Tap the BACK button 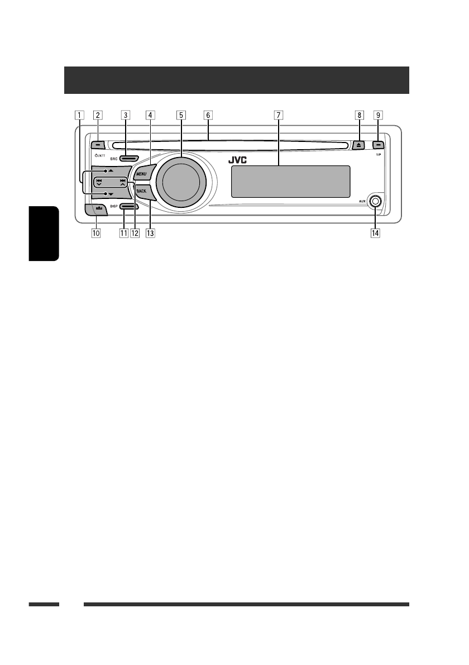click(x=141, y=192)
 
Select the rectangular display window click(x=289, y=182)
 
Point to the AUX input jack click(x=375, y=202)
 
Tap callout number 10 click(x=97, y=232)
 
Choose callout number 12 click(x=135, y=232)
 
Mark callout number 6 click(x=208, y=116)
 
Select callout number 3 click(x=126, y=116)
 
